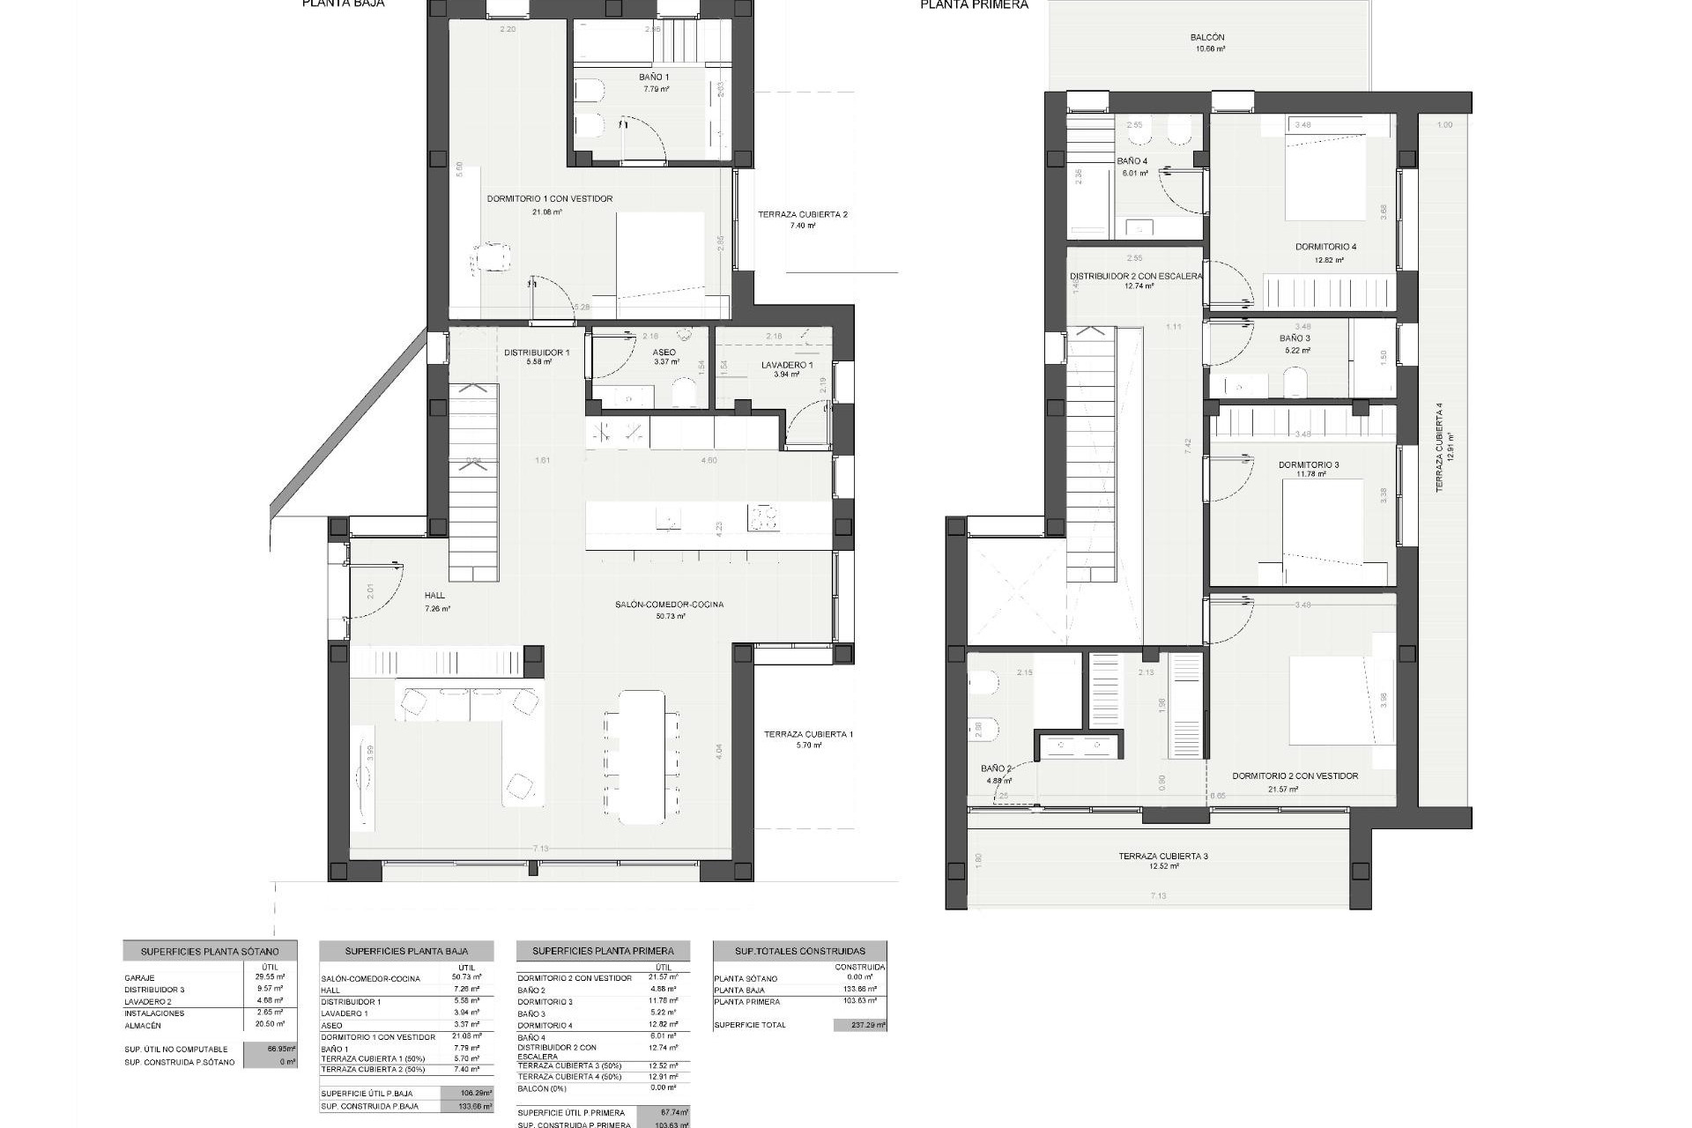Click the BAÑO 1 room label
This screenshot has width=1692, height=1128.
pyautogui.click(x=654, y=78)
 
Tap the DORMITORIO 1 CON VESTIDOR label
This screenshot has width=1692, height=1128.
pyautogui.click(x=549, y=199)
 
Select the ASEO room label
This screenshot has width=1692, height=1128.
pyautogui.click(x=664, y=352)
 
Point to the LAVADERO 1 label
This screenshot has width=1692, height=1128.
pyautogui.click(x=787, y=365)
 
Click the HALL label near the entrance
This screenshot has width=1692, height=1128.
pyautogui.click(x=434, y=596)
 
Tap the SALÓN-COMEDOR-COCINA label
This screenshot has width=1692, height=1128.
pyautogui.click(x=670, y=605)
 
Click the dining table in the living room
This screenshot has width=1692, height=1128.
pyautogui.click(x=642, y=757)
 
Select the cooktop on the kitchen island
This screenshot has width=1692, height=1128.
pyautogui.click(x=763, y=517)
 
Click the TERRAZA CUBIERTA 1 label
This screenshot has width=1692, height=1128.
pyautogui.click(x=808, y=734)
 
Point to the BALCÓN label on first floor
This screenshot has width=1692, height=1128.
pyautogui.click(x=1207, y=38)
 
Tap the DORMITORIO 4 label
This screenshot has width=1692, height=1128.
pyautogui.click(x=1325, y=247)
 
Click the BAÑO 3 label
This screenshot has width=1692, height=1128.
pyautogui.click(x=1295, y=338)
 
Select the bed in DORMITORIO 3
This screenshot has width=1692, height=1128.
pyautogui.click(x=1324, y=532)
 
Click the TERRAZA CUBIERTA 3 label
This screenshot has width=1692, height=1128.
pyautogui.click(x=1163, y=856)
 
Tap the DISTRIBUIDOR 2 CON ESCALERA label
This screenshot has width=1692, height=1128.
pyautogui.click(x=1136, y=276)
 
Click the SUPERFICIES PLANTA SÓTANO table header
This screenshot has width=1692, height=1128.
pyautogui.click(x=210, y=952)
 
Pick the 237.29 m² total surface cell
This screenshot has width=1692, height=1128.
pyautogui.click(x=860, y=1025)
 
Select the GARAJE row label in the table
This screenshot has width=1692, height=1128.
pyautogui.click(x=140, y=978)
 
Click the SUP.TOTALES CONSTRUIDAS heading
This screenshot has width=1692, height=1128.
pyautogui.click(x=800, y=951)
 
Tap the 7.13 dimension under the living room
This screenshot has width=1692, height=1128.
pyautogui.click(x=540, y=849)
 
